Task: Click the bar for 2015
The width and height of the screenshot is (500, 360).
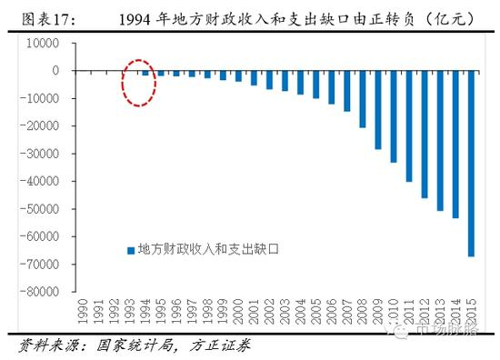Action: [x=471, y=163]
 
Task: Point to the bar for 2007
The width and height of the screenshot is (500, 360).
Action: [x=346, y=90]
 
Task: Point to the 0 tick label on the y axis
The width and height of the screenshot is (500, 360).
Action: [x=55, y=70]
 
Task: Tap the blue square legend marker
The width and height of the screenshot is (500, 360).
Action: [x=129, y=248]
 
